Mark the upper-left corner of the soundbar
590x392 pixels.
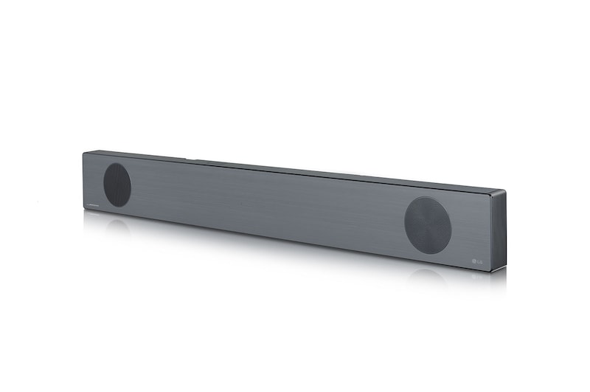(x=84, y=152)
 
